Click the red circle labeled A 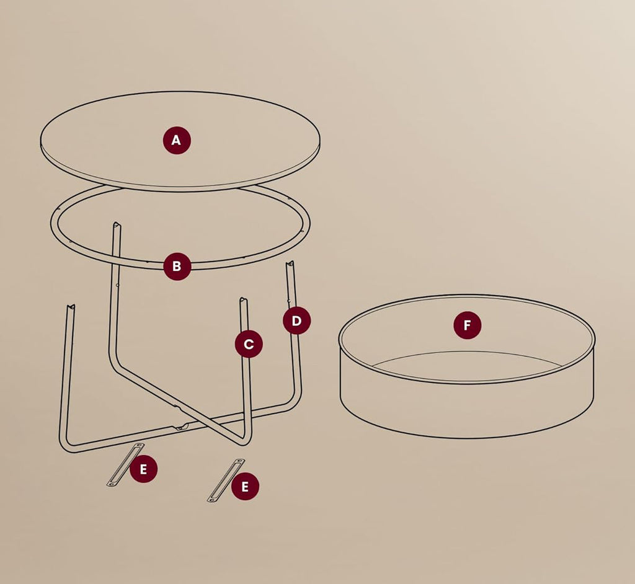click(177, 140)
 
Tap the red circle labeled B click(177, 266)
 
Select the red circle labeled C click(248, 343)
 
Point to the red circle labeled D click(296, 321)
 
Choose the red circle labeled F click(467, 325)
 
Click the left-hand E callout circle click(143, 469)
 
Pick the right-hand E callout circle click(245, 487)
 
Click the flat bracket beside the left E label click(125, 464)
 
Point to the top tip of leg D click(290, 265)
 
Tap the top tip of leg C click(244, 302)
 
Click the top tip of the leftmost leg click(71, 307)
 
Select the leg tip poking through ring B click(116, 225)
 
